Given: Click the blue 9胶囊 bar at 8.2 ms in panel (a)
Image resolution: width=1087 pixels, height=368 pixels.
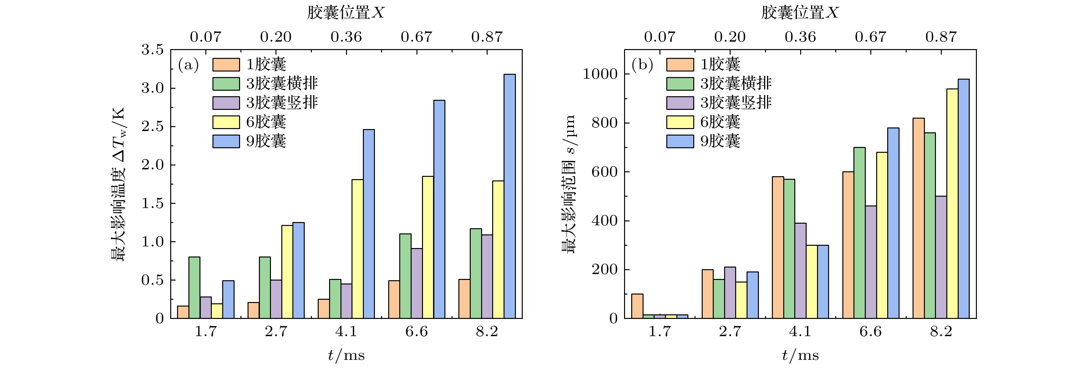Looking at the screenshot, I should [509, 196].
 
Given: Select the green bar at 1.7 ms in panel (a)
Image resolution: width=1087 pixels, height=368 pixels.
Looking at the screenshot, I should [195, 287].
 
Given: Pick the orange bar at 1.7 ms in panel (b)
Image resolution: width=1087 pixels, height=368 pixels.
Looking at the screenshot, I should [637, 306].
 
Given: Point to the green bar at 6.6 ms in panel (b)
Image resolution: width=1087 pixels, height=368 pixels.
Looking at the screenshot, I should [860, 233].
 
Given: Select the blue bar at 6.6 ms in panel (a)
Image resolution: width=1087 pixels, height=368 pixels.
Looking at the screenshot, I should [439, 209].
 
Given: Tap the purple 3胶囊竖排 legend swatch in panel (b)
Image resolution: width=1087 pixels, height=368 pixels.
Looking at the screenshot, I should [680, 103].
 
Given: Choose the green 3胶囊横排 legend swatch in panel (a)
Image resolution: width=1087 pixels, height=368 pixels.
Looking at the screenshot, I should [226, 84].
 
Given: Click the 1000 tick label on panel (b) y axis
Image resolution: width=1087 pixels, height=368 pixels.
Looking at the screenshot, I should [600, 74].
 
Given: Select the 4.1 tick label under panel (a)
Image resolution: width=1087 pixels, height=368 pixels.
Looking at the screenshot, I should [346, 332].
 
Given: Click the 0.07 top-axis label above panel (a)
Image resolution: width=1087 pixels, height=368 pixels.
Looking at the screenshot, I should [206, 37].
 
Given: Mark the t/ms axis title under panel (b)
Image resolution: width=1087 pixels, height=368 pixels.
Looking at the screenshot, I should [800, 355].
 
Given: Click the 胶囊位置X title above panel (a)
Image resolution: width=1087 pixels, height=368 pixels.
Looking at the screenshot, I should [346, 13].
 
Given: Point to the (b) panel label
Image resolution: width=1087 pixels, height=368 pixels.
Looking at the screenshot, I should [642, 65].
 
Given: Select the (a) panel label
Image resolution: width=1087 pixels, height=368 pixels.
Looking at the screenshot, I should [188, 65].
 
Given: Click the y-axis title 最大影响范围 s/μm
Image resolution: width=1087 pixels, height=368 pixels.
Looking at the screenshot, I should [569, 184].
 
